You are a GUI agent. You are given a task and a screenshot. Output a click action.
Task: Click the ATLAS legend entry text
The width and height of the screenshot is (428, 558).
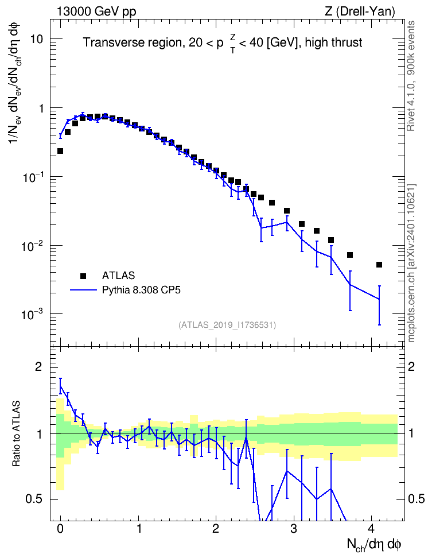(118, 276)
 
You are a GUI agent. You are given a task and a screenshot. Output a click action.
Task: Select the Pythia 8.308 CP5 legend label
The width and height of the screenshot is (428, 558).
(141, 290)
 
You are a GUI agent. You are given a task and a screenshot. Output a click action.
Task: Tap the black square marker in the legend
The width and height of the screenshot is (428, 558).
(83, 276)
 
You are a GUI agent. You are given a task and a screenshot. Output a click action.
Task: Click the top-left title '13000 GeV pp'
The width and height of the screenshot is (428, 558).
(96, 11)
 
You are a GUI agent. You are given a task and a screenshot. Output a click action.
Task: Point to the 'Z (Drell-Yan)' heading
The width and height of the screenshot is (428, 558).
(360, 11)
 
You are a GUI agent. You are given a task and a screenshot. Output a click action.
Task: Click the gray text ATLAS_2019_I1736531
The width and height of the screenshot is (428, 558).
(227, 325)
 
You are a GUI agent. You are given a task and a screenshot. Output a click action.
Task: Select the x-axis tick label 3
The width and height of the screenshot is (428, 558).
(294, 529)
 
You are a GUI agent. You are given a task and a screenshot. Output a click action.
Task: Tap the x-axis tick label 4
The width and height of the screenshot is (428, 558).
(371, 529)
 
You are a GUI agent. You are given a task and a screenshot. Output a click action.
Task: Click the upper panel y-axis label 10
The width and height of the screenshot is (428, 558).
(37, 39)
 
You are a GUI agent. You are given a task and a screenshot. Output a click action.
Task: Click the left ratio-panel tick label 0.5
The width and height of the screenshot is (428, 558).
(35, 499)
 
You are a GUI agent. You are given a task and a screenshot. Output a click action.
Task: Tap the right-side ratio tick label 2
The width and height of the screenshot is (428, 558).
(411, 366)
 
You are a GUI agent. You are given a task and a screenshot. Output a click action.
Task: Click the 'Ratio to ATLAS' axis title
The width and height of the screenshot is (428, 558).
(16, 433)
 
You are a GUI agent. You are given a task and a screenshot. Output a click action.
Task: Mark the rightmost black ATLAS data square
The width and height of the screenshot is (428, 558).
(379, 265)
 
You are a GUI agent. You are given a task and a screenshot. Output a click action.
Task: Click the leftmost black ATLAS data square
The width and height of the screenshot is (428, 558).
(60, 151)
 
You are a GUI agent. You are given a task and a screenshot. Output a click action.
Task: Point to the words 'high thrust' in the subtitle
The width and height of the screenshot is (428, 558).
(334, 42)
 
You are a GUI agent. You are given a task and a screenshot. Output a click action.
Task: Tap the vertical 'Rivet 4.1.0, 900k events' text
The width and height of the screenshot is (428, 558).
(411, 76)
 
